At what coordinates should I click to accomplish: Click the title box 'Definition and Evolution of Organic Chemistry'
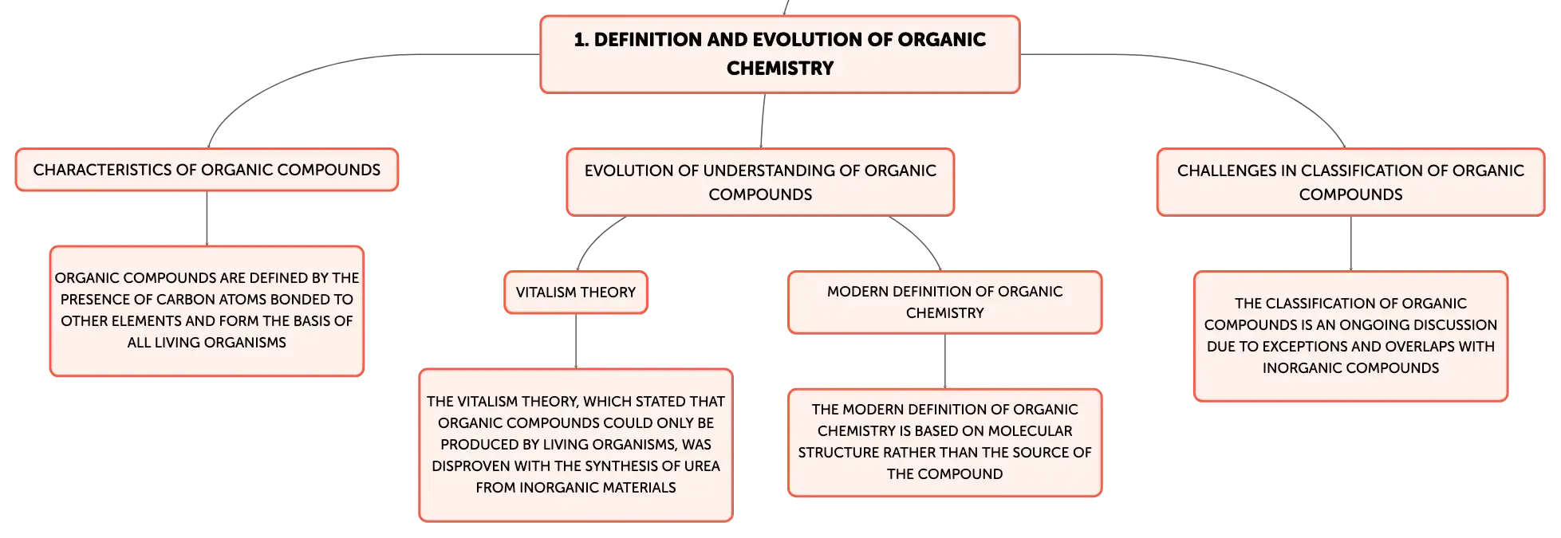click(779, 54)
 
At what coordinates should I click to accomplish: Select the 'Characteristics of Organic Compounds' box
click(207, 170)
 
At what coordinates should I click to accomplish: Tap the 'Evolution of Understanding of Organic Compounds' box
click(760, 182)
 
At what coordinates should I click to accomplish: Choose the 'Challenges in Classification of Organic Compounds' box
click(1350, 182)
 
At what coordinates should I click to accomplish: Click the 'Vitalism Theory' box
click(576, 293)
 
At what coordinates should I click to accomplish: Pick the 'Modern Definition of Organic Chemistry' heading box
click(944, 302)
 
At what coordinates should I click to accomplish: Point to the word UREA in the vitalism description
click(702, 466)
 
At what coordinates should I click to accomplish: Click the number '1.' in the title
click(581, 40)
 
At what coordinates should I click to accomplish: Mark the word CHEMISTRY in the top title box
click(780, 69)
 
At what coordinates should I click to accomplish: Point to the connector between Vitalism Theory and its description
click(576, 341)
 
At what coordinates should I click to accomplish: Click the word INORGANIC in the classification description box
click(1299, 368)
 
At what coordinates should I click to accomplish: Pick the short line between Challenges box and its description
click(1350, 243)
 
